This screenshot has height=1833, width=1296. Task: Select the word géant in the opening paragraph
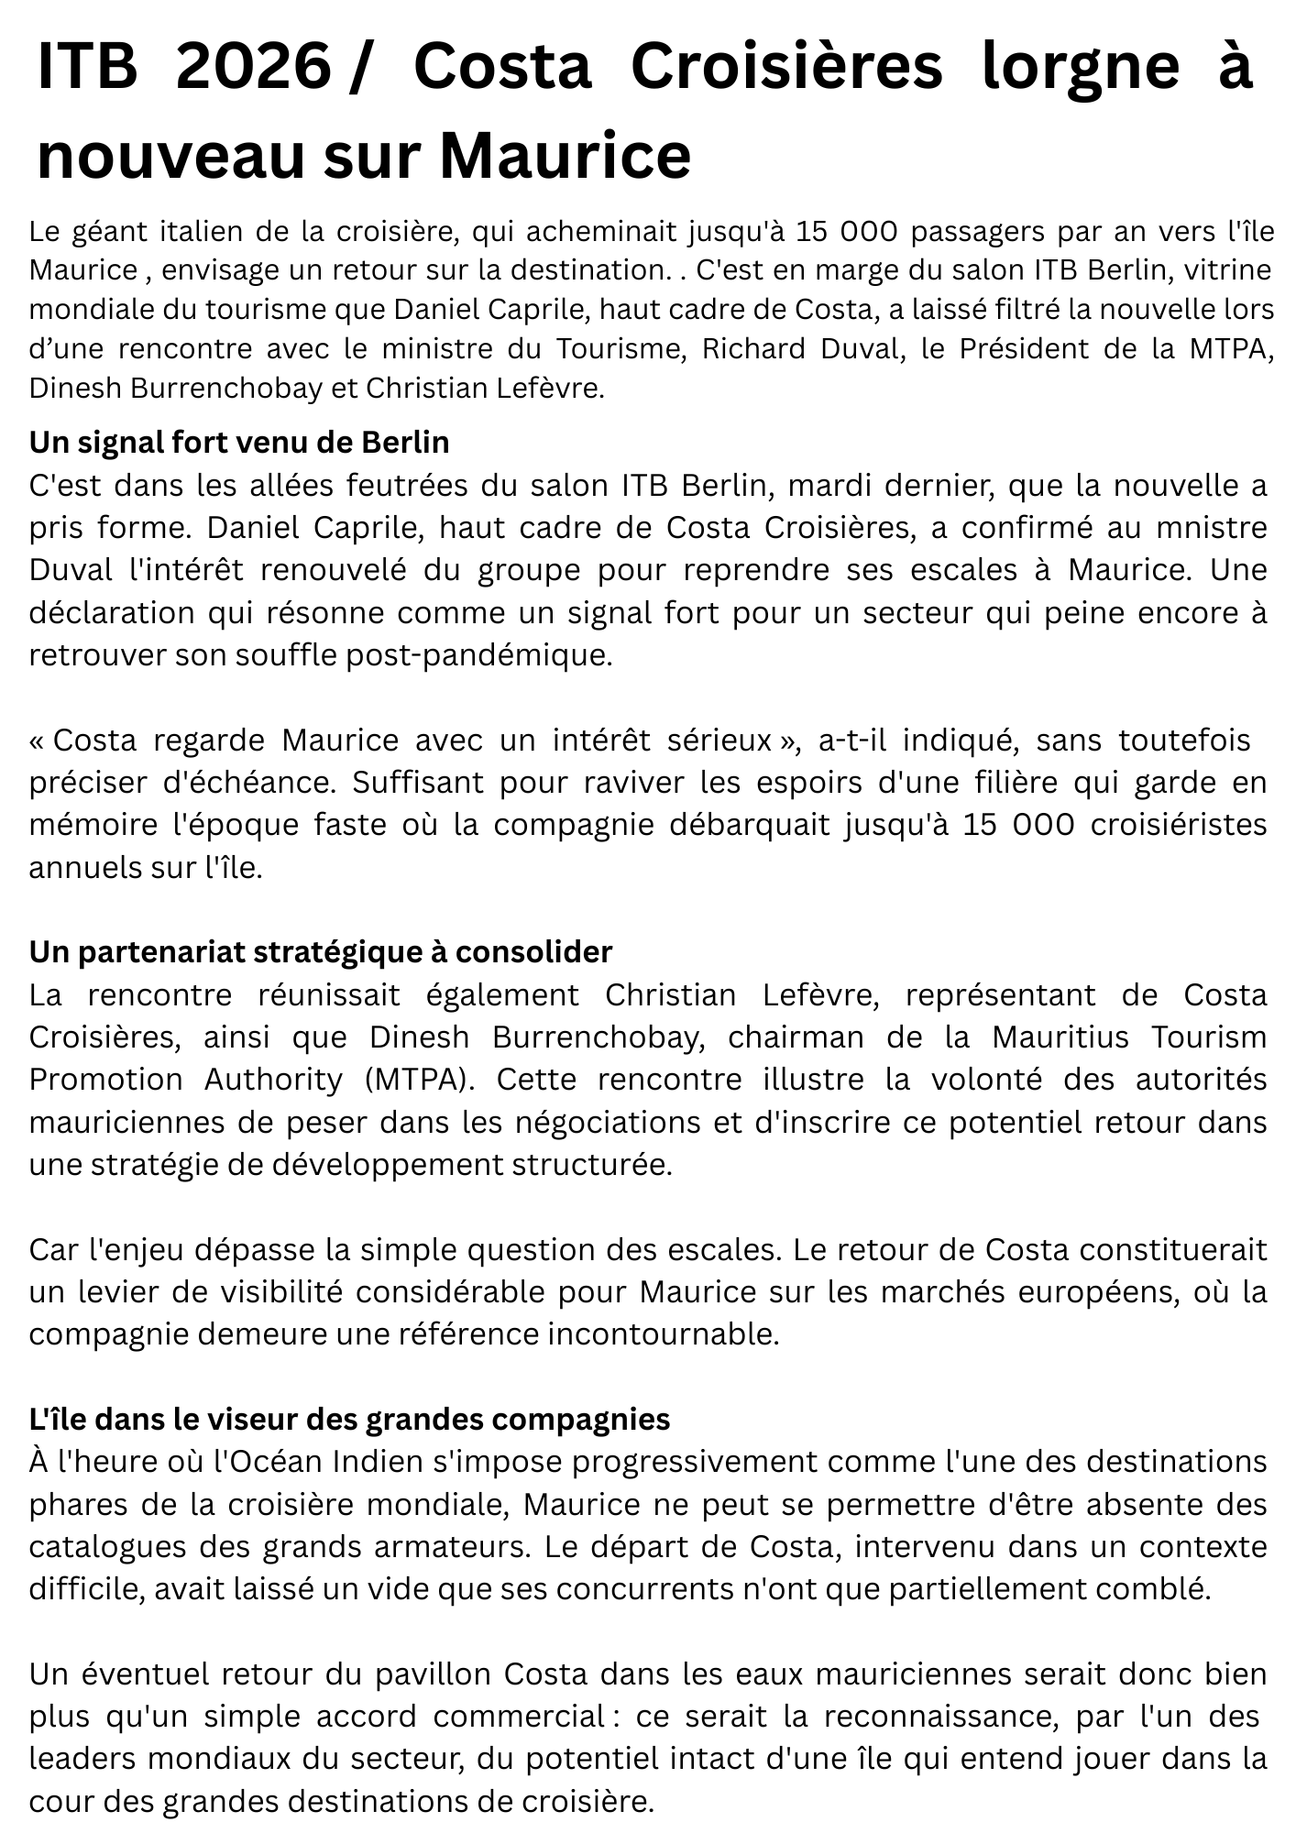click(x=108, y=231)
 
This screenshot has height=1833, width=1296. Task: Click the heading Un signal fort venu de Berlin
click(x=239, y=443)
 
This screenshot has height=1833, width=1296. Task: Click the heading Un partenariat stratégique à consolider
click(x=320, y=952)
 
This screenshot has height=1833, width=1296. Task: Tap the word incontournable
click(x=663, y=1334)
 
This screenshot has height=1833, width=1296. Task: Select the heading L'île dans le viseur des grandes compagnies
click(x=349, y=1420)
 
